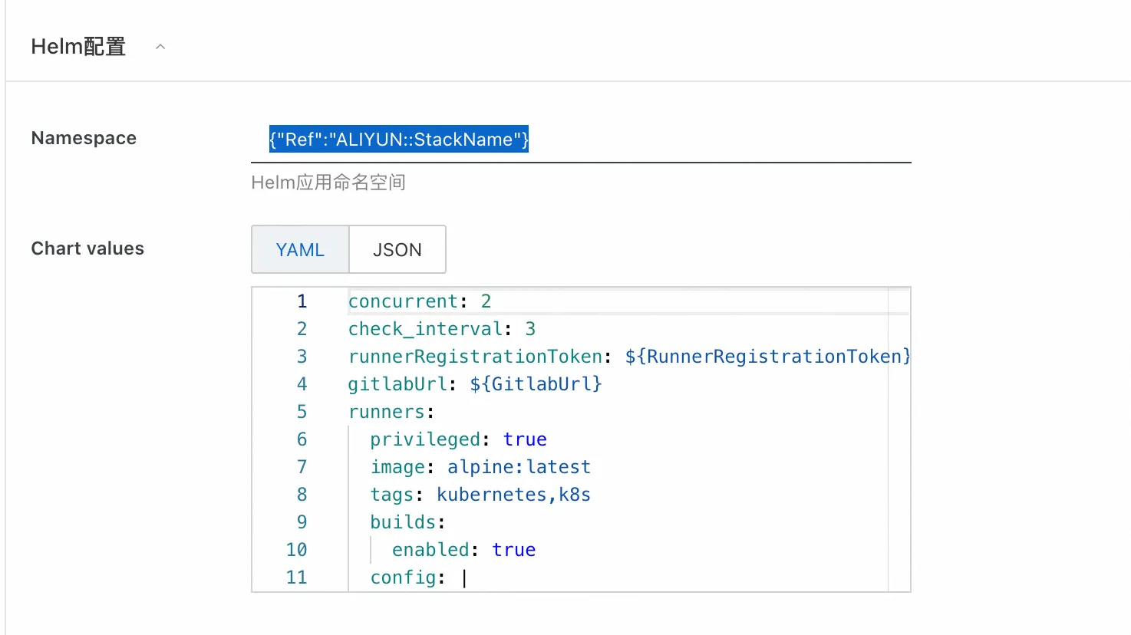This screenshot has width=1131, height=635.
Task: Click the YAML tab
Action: [300, 250]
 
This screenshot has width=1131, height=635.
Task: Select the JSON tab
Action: [397, 250]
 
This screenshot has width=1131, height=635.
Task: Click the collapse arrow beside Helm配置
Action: [160, 47]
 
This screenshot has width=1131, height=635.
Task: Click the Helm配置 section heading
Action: [78, 47]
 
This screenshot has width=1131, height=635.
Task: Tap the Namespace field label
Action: [84, 138]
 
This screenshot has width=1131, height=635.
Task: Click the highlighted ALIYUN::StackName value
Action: [399, 140]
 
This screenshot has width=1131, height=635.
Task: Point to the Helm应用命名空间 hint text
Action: [328, 183]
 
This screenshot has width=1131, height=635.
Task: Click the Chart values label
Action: [87, 248]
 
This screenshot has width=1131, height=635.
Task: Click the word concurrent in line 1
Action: [403, 301]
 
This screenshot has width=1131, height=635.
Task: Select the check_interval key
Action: [425, 329]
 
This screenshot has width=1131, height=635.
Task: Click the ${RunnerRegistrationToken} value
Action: [767, 357]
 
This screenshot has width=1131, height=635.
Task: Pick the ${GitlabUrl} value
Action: [536, 384]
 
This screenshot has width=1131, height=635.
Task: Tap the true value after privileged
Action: [525, 439]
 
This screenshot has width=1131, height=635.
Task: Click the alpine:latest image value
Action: [519, 467]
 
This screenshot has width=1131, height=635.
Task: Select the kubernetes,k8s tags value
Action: [513, 495]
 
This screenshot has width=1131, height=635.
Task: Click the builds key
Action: [403, 522]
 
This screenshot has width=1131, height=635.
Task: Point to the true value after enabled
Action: [513, 550]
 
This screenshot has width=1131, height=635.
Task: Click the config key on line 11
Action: [403, 577]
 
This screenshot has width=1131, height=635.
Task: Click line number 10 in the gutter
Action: [296, 550]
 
